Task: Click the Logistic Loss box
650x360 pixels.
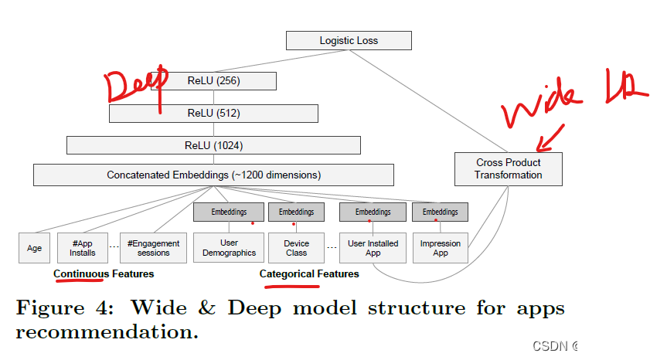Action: (349, 40)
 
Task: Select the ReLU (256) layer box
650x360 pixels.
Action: (213, 80)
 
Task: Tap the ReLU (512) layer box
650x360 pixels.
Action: (213, 113)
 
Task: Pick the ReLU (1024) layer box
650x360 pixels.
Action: (213, 145)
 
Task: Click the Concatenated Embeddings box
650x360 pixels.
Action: (213, 175)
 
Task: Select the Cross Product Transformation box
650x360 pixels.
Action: (508, 168)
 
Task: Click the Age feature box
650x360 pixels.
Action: (34, 248)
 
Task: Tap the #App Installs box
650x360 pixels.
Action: (83, 248)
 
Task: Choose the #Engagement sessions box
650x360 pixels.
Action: (153, 248)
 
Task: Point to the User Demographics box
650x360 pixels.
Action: (228, 248)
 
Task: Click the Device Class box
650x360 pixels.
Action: (296, 248)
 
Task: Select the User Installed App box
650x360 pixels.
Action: (373, 248)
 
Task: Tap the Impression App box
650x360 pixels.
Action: (440, 248)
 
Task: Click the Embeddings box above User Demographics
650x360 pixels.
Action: (228, 212)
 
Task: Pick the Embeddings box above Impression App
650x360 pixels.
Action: (440, 212)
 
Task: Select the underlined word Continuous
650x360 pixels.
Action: (81, 273)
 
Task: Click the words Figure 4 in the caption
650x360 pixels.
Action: (65, 308)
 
